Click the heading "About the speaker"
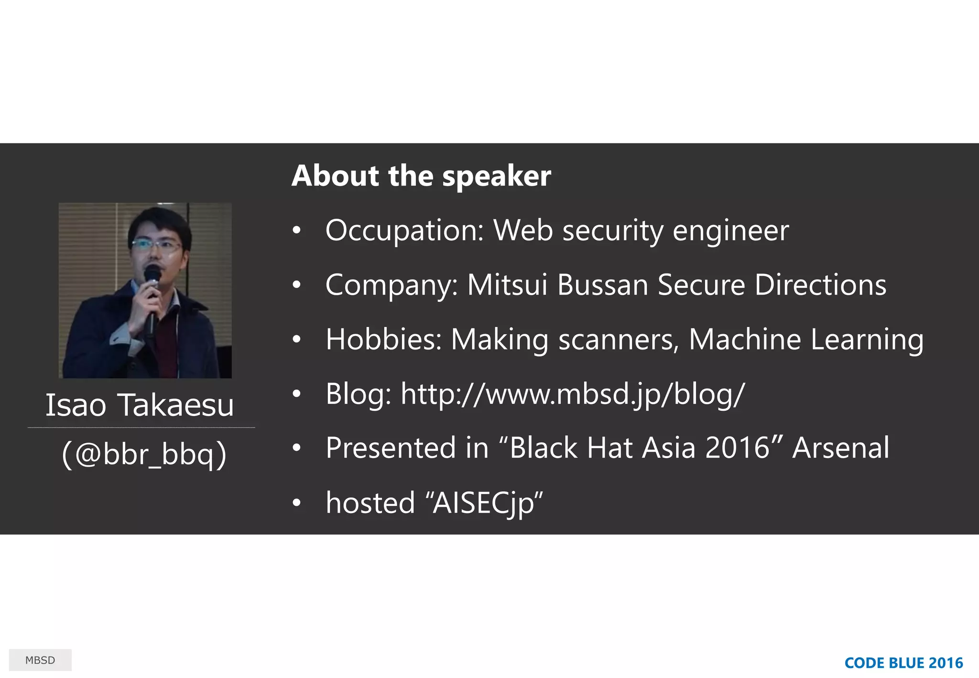[421, 176]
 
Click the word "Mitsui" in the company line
[507, 285]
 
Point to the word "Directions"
[820, 285]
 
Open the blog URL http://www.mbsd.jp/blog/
[573, 394]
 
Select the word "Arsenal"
[841, 448]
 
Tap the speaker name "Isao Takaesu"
[140, 405]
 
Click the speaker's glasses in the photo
[156, 245]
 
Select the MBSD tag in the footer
[40, 660]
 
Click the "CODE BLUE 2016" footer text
[903, 663]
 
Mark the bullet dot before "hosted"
[297, 503]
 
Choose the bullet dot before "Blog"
[297, 394]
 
